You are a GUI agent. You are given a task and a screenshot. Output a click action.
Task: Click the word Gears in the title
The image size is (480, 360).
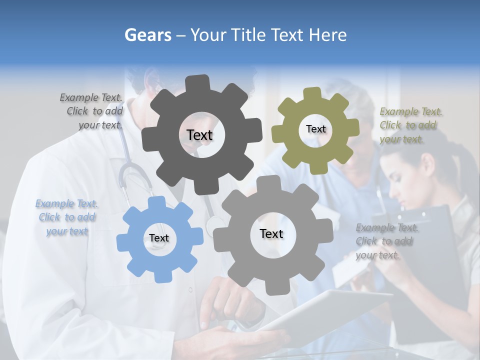pyautogui.click(x=147, y=35)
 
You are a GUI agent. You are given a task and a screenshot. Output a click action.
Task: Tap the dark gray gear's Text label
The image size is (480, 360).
pyautogui.click(x=199, y=135)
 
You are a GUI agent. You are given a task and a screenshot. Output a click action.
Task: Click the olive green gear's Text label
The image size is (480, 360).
pyautogui.click(x=315, y=129)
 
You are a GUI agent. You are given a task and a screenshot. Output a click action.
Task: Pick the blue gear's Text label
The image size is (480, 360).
pyautogui.click(x=159, y=238)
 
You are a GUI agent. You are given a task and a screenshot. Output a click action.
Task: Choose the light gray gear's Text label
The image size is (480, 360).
pyautogui.click(x=271, y=233)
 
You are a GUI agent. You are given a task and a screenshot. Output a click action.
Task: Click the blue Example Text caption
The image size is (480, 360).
pyautogui.click(x=66, y=217)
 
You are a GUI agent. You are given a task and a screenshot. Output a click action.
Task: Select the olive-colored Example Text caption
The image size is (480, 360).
pyautogui.click(x=411, y=125)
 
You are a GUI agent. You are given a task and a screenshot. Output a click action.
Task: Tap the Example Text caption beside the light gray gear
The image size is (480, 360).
pyautogui.click(x=386, y=241)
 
